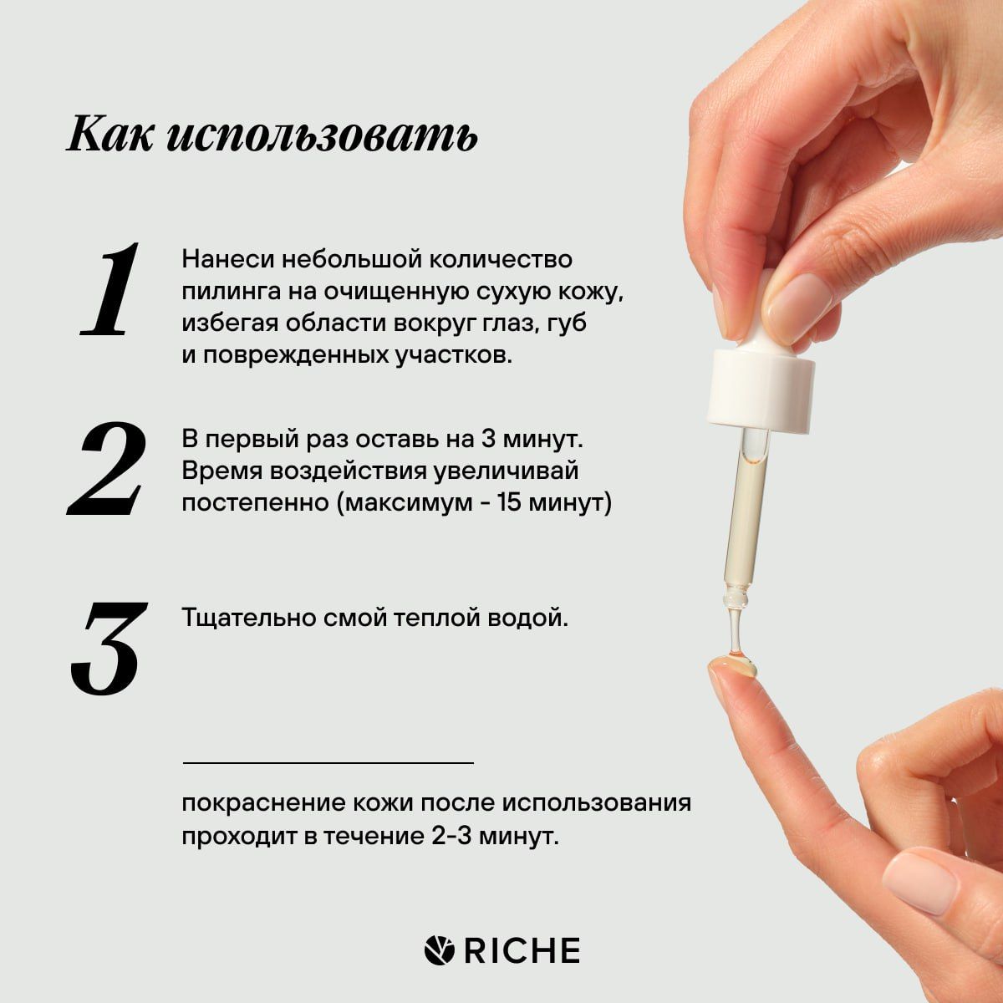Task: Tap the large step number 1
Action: pos(109,291)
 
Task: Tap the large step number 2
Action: pos(107,468)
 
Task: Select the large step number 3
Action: pos(107,648)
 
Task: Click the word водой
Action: pos(531,619)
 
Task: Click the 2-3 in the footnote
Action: pos(459,836)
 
